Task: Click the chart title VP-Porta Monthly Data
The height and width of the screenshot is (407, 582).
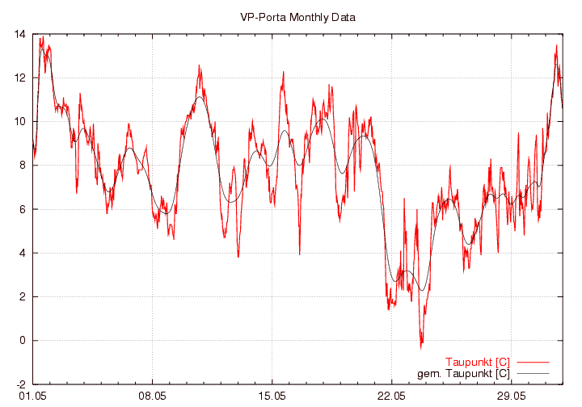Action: point(297,17)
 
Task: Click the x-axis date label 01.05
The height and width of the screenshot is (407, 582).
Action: point(32,397)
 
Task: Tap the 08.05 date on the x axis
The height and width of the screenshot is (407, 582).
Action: point(152,397)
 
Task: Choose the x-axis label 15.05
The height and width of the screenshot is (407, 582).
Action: point(272,397)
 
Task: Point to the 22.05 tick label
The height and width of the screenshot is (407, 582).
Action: point(391,397)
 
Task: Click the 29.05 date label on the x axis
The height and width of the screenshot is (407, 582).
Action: point(511,397)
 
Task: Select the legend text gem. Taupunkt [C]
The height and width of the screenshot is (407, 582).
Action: point(463,373)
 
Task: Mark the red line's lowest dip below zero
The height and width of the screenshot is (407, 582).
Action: point(421,347)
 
